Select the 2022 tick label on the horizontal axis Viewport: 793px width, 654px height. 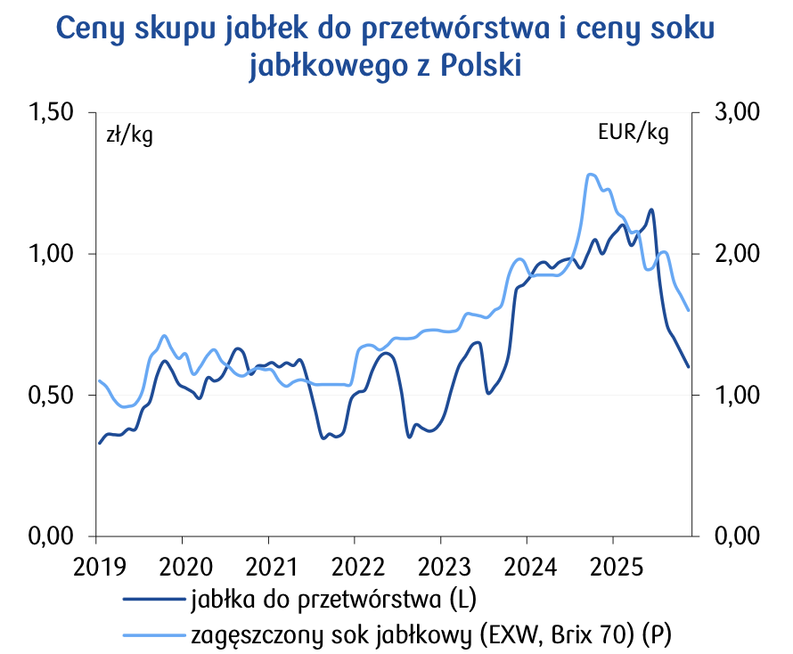click(x=354, y=566)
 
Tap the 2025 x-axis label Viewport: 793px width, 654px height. click(x=612, y=566)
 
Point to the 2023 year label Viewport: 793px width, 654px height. click(x=440, y=566)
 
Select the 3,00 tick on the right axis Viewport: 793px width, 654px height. click(x=736, y=112)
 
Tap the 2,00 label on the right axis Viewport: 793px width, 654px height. click(x=736, y=254)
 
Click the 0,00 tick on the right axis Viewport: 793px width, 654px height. click(x=736, y=536)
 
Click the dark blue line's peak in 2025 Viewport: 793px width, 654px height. click(x=651, y=210)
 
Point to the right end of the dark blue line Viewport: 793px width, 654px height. click(x=688, y=366)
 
